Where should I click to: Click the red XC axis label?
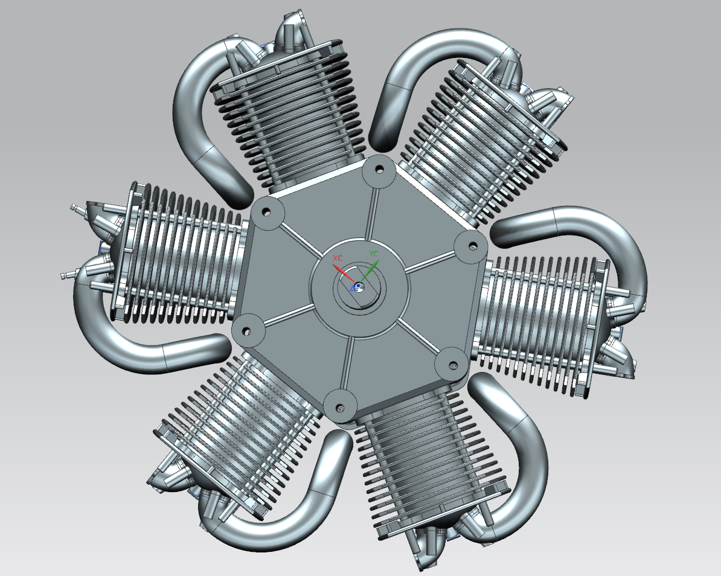[338, 258]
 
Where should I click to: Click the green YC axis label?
[374, 254]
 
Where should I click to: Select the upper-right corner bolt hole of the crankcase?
[470, 245]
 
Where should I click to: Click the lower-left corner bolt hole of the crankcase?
[246, 331]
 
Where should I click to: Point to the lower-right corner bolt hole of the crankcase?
[451, 363]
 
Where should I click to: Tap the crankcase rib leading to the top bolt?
[370, 211]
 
